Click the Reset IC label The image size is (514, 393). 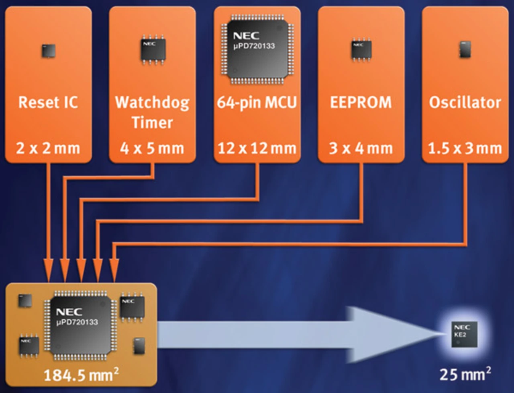click(x=48, y=102)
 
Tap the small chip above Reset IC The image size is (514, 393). click(x=49, y=51)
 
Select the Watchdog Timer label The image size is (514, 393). click(x=152, y=112)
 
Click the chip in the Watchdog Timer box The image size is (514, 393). click(x=153, y=49)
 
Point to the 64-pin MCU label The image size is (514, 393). click(x=257, y=102)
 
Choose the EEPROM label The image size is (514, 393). click(x=361, y=102)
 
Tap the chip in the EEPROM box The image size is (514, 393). click(x=361, y=49)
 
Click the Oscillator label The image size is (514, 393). click(x=465, y=102)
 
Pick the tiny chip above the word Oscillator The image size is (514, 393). click(x=465, y=49)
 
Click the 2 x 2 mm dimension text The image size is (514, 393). click(x=48, y=148)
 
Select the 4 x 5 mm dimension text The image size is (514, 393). click(x=152, y=148)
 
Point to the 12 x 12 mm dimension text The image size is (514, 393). click(x=257, y=148)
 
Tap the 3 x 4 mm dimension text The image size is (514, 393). click(x=361, y=148)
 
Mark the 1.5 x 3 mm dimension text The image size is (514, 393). click(x=465, y=148)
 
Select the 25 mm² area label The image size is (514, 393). click(x=465, y=374)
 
